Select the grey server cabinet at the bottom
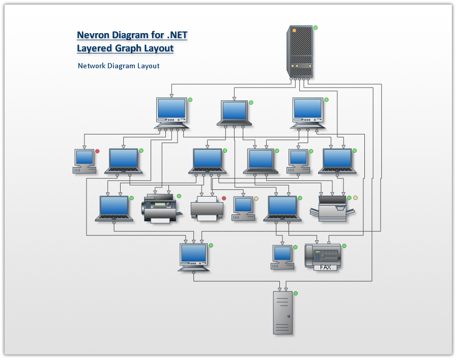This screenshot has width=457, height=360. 283,313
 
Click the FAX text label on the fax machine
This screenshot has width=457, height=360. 325,267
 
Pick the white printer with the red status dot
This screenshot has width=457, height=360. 207,209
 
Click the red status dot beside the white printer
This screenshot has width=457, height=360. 224,198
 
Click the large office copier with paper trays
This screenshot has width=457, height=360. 331,209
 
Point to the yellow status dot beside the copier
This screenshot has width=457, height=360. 355,198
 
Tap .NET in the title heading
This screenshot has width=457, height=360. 177,35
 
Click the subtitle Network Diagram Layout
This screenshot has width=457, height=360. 119,66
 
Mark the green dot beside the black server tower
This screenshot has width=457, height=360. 316,27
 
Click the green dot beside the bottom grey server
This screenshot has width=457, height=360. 296,293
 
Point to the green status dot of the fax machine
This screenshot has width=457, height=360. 344,246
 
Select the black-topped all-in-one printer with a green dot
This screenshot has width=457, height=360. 160,208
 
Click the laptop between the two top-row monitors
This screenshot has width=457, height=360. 234,113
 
